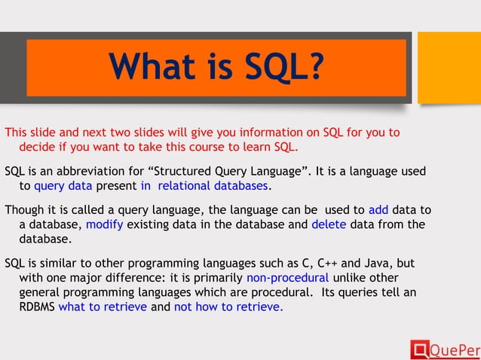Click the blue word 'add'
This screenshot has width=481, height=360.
[378, 210]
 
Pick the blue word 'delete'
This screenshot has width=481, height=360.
[329, 224]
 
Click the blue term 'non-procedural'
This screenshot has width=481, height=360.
[287, 278]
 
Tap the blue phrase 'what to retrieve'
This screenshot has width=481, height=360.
[103, 307]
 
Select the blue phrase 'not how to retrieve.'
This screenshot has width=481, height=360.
[228, 307]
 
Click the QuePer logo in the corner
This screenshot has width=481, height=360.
[444, 349]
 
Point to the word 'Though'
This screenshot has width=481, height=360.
[23, 210]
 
